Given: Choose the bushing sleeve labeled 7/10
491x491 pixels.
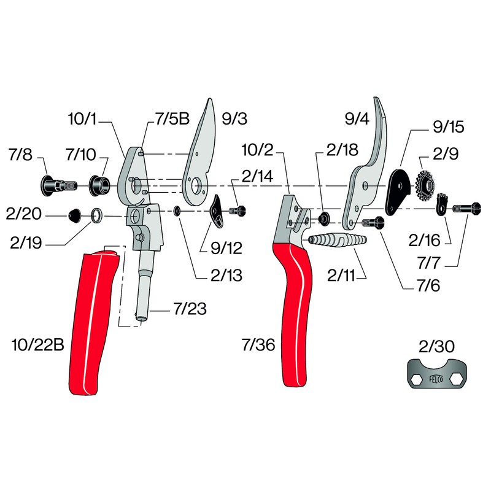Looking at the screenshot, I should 99,184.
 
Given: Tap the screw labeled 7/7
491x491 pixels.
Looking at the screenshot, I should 467,208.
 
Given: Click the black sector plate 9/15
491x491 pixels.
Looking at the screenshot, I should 400,188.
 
